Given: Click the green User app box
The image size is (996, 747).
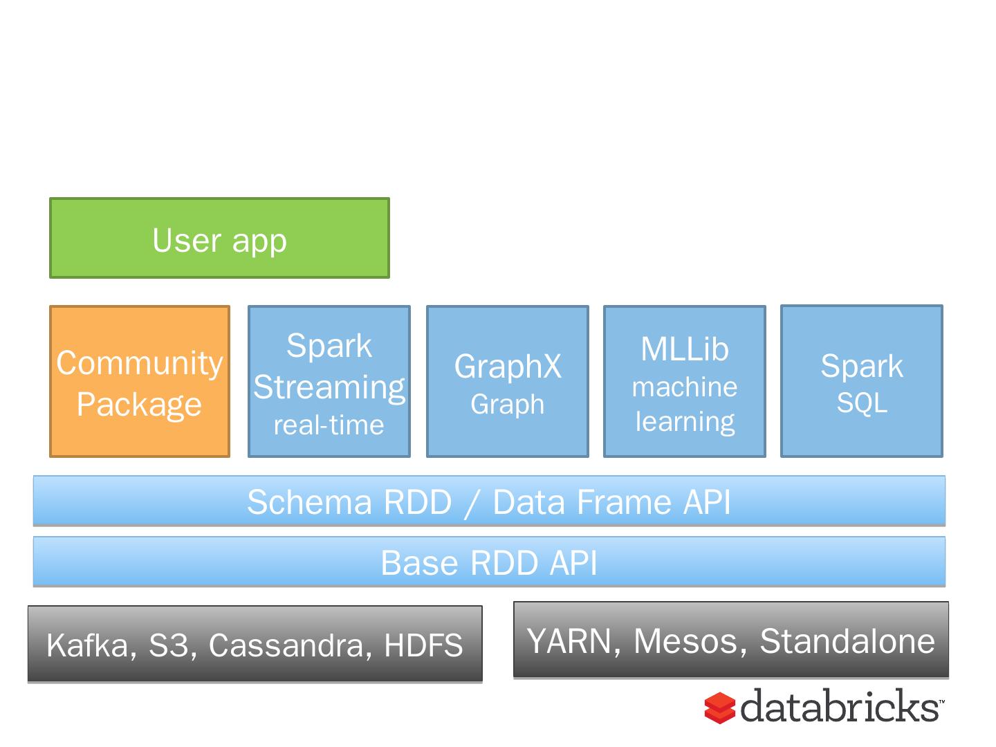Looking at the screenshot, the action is pyautogui.click(x=219, y=238).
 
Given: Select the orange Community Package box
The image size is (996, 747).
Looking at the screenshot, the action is pyautogui.click(x=140, y=381).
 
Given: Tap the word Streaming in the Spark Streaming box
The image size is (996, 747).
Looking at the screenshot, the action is pyautogui.click(x=329, y=388).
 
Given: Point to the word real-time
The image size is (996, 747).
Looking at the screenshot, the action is pyautogui.click(x=329, y=425).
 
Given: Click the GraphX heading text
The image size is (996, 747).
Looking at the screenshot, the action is pyautogui.click(x=508, y=366).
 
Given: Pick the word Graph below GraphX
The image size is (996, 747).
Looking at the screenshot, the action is pyautogui.click(x=507, y=404).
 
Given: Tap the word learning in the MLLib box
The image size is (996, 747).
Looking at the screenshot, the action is pyautogui.click(x=685, y=422).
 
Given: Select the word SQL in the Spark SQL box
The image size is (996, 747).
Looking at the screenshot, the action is pyautogui.click(x=862, y=403).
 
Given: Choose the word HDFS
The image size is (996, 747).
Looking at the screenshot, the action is pyautogui.click(x=423, y=645).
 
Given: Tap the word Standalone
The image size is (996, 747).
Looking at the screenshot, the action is pyautogui.click(x=847, y=641).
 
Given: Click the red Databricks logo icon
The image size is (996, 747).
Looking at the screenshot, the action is pyautogui.click(x=719, y=708).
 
